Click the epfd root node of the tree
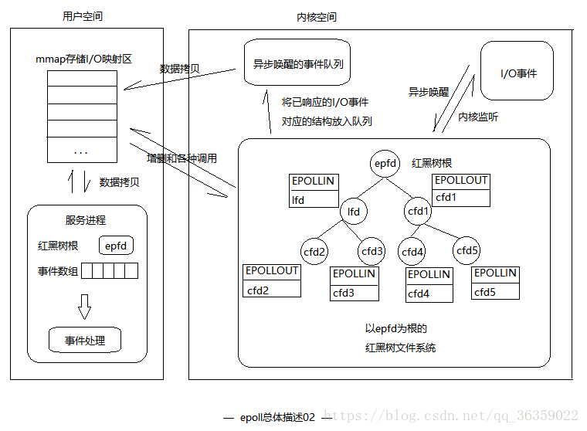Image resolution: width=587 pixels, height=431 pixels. (385, 164)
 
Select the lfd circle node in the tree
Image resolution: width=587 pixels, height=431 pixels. (354, 211)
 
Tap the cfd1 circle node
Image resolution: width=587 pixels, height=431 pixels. (418, 211)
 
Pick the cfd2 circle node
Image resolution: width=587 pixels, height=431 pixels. (314, 251)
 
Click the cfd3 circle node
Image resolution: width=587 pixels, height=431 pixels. (372, 251)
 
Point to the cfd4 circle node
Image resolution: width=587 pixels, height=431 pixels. (412, 251)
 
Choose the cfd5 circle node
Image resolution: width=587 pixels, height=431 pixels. (467, 250)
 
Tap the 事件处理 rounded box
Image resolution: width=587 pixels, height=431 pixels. (85, 341)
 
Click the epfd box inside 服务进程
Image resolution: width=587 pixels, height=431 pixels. (116, 246)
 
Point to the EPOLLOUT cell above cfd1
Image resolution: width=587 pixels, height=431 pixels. (461, 181)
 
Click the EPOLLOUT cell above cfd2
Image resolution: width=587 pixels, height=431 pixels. (272, 271)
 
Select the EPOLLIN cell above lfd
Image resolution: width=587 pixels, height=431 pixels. (313, 182)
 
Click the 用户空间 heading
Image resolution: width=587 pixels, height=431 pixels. (83, 17)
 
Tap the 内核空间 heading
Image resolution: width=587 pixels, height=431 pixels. (317, 17)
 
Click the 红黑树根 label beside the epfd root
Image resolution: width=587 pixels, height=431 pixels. (432, 164)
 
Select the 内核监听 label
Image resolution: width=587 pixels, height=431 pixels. (478, 117)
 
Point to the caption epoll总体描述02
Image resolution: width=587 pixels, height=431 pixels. (277, 417)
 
